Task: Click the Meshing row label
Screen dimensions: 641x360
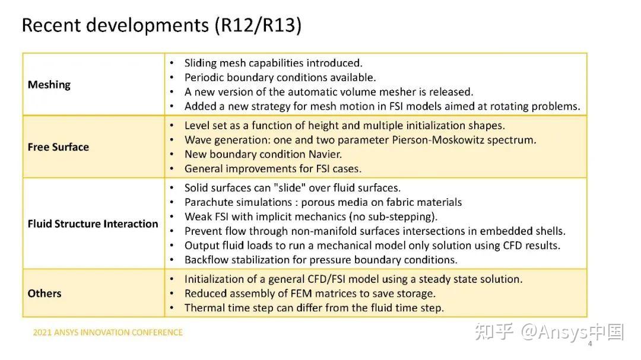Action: (x=49, y=85)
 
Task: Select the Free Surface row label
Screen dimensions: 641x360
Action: (x=58, y=147)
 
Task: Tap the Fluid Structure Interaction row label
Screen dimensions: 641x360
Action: (x=93, y=224)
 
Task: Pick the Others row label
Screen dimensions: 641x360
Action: (x=44, y=294)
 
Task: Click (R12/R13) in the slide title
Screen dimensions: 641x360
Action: (x=258, y=26)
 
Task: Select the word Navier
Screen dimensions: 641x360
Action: (x=324, y=154)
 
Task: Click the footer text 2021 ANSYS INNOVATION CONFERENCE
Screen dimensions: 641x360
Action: (x=108, y=333)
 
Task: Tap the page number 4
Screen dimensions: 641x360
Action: (x=590, y=344)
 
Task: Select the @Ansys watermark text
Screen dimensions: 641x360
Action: (x=556, y=332)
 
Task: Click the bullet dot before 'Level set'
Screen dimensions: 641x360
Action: (x=172, y=126)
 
